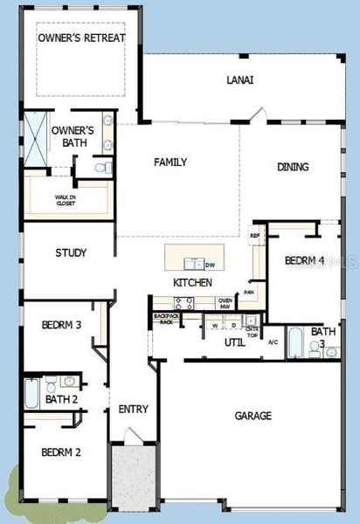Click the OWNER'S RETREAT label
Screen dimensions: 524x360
coord(81,38)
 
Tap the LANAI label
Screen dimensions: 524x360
coord(240,80)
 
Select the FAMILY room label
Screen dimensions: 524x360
coord(170,162)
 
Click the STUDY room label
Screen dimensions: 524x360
coord(70,254)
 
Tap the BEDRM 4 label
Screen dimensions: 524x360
coord(304,260)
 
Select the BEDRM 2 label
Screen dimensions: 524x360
coord(61,452)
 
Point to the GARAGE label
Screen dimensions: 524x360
coord(253,416)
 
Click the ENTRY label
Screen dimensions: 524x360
coord(134,409)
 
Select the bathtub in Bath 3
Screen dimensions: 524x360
coord(295,342)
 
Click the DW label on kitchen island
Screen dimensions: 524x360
coord(210,265)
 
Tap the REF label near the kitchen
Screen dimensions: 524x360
coord(255,236)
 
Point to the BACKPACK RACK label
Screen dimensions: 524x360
coord(163,320)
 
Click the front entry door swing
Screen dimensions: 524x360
coord(132,434)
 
